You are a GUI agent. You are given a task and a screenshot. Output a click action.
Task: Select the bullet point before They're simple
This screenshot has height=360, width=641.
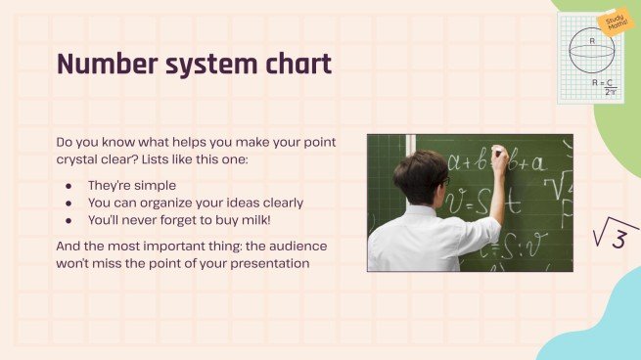coord(68,184)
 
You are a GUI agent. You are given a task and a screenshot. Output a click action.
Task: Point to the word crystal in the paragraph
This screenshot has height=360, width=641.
coord(82,159)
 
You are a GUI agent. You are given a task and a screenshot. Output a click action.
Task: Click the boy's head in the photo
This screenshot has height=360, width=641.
coord(420,175)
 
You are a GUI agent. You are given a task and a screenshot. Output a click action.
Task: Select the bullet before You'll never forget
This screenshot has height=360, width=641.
coord(68,221)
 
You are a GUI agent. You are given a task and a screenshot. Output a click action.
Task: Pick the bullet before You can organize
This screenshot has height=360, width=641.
coord(68,202)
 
